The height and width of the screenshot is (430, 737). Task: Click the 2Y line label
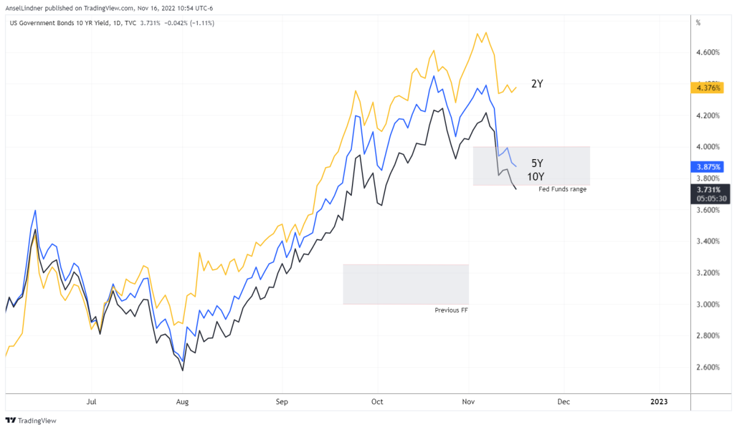point(537,84)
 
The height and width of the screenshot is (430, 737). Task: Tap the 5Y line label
point(537,163)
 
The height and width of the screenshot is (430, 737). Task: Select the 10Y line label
point(535,177)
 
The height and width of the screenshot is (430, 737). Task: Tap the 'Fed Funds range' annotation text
point(563,189)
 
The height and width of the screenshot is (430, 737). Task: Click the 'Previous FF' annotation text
point(451,310)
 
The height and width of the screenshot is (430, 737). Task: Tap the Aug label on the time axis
point(182,402)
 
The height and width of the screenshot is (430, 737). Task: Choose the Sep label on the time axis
point(282,402)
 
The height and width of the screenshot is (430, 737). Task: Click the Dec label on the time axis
point(564,402)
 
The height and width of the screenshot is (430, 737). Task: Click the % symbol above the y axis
point(698,23)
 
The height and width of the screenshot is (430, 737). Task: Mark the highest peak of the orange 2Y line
point(486,33)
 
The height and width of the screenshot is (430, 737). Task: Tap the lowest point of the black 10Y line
point(182,370)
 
